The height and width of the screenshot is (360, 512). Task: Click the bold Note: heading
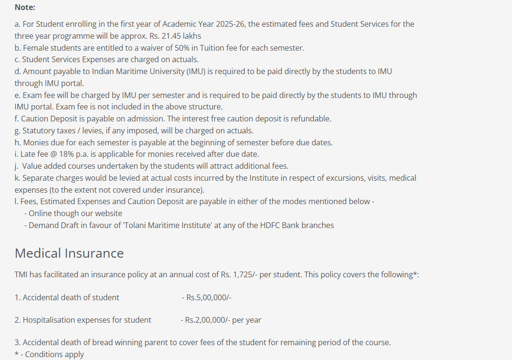[x=25, y=8]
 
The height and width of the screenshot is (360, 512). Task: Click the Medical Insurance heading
[x=69, y=253]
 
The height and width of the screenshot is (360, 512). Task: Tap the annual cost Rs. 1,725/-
[x=240, y=275]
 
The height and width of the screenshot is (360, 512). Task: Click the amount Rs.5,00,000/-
[x=209, y=297]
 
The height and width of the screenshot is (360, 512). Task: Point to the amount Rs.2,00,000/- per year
[x=223, y=320]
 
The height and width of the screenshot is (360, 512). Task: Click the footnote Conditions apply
[x=55, y=354]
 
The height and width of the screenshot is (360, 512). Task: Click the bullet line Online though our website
[x=75, y=213]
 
